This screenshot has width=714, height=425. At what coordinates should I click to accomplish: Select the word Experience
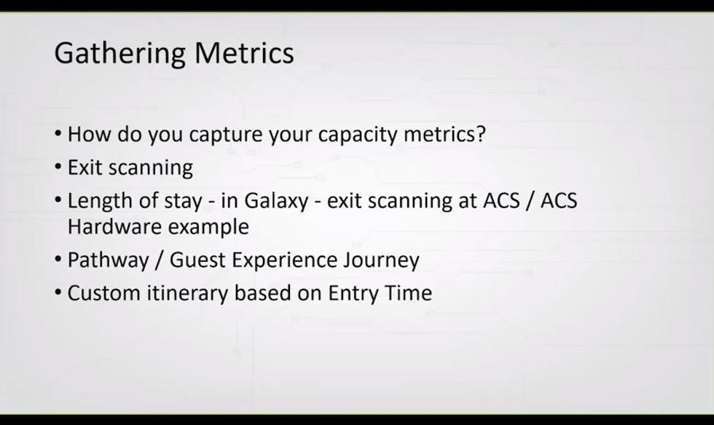coord(283,261)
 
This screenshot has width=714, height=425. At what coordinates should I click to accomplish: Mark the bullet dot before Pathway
coord(58,260)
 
